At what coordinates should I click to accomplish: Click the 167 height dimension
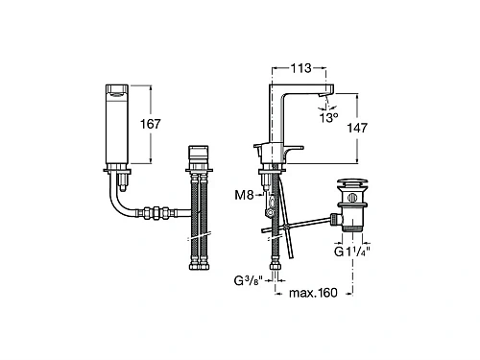tap(151, 124)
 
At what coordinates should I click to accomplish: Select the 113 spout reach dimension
tap(300, 68)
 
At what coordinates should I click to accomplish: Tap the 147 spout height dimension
tap(357, 128)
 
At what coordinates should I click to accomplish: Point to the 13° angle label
tap(328, 118)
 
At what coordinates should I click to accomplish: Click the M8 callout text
tap(244, 195)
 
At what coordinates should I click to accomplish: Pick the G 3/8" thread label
tap(249, 281)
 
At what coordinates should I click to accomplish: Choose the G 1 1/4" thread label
tap(352, 252)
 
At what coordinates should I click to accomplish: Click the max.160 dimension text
tap(313, 293)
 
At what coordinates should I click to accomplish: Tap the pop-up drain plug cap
tap(352, 184)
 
